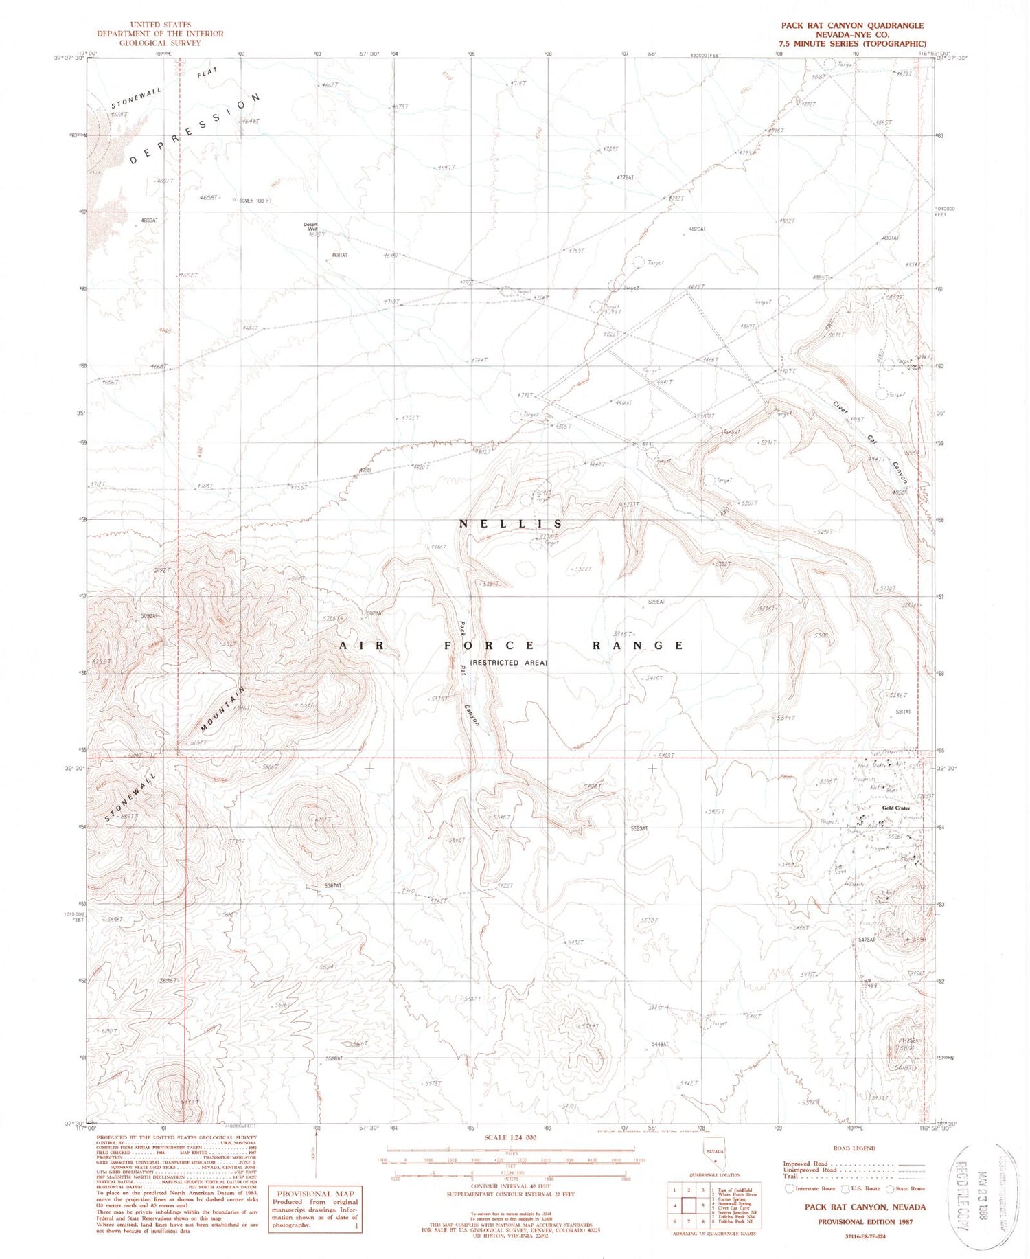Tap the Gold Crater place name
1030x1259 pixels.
tap(896, 808)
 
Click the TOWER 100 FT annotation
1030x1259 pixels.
tap(255, 201)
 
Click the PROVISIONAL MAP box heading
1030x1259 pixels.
tap(314, 1194)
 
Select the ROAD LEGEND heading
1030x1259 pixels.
tap(854, 1148)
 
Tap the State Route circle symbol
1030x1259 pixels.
tap(891, 1188)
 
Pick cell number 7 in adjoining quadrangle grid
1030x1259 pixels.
tap(688, 1221)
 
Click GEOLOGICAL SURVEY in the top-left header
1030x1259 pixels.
tap(160, 43)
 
